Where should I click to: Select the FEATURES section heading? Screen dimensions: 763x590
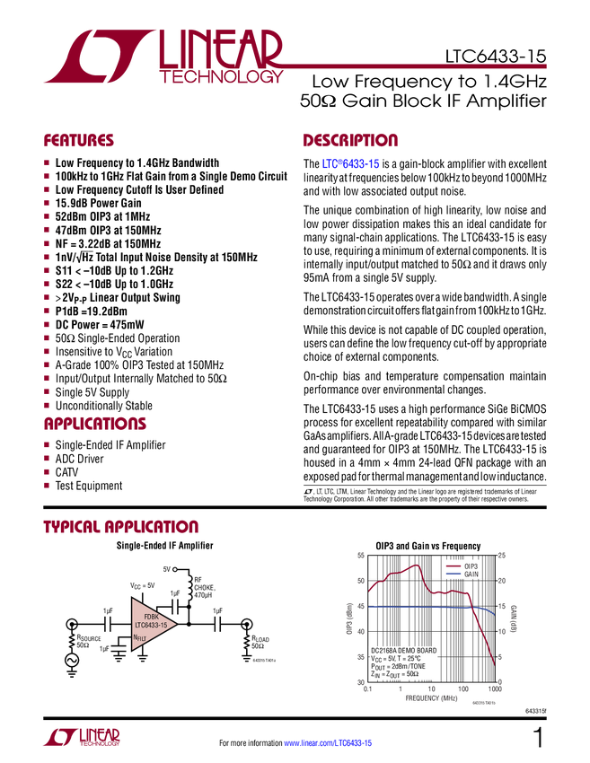[x=79, y=141]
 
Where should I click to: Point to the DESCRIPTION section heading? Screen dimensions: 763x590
[x=350, y=141]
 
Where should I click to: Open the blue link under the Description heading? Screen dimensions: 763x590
[x=351, y=165]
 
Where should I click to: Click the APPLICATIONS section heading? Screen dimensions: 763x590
[x=95, y=425]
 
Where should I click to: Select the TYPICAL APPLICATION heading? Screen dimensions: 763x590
[x=120, y=527]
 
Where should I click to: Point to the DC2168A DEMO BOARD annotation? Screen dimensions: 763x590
[x=404, y=650]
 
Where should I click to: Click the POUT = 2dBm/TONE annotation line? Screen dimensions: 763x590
[x=399, y=666]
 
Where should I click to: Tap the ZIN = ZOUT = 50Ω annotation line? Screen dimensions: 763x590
[x=399, y=674]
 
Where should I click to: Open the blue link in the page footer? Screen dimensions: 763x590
[x=328, y=743]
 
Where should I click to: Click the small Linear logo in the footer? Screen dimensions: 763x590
[x=81, y=737]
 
